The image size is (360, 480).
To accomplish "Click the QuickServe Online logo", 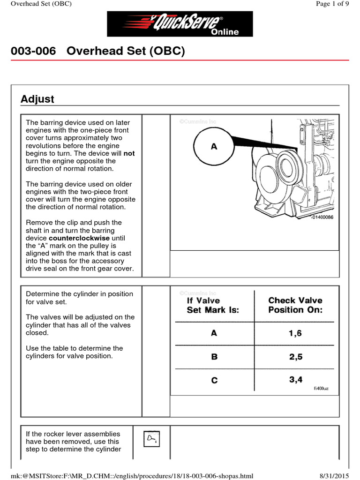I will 180,24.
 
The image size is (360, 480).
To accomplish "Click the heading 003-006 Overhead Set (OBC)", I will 98,51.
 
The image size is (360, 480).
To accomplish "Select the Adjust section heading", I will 37,99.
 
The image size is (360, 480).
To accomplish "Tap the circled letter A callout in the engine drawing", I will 214,147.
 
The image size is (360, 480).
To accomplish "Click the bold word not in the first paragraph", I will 129,153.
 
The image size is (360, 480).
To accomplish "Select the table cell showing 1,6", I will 295,333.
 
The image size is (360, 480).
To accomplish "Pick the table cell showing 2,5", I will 295,357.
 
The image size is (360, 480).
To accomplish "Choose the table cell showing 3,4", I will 295,380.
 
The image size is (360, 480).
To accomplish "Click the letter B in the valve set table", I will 214,357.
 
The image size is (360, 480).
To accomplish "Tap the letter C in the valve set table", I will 214,380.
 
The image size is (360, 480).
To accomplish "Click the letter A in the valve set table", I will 214,333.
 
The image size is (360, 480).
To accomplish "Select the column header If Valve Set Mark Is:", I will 213,305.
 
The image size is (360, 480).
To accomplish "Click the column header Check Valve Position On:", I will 295,305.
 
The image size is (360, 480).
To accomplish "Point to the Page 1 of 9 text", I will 332,4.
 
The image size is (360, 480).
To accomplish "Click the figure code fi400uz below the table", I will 321,389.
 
